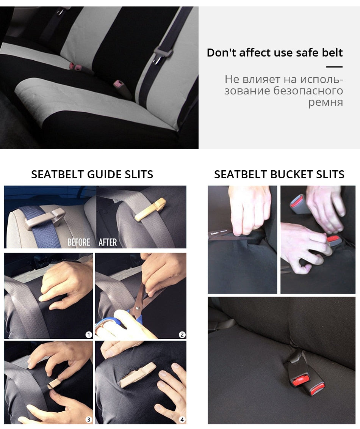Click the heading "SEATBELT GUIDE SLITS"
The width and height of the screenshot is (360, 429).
click(x=92, y=174)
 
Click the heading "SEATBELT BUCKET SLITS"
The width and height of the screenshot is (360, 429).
click(x=279, y=174)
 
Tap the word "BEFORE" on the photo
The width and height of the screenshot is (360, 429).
click(x=79, y=242)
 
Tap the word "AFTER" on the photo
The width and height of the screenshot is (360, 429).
click(x=108, y=242)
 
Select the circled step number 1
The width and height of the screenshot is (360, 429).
click(x=88, y=335)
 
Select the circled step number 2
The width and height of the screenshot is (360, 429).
click(x=182, y=335)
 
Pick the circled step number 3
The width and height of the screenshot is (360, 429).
click(x=88, y=420)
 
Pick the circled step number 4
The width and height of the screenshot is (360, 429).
click(x=182, y=420)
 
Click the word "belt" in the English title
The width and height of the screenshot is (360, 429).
click(x=332, y=53)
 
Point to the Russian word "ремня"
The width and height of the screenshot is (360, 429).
click(x=326, y=102)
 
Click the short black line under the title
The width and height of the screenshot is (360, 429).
click(x=334, y=67)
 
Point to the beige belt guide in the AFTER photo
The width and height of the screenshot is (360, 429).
click(x=151, y=209)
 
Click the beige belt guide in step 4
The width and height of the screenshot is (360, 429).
click(x=138, y=374)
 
